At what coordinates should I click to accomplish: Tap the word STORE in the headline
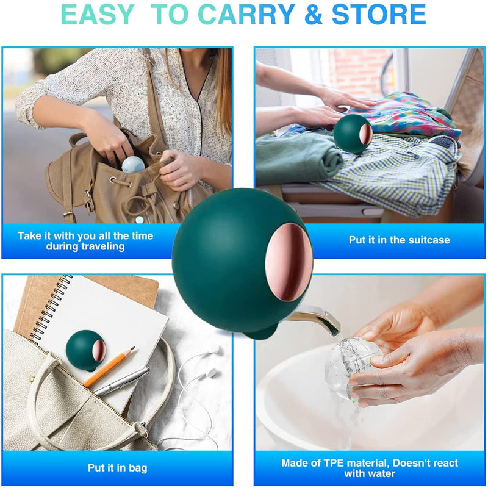pyautogui.click(x=379, y=15)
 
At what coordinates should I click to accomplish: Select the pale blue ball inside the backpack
pyautogui.click(x=133, y=165)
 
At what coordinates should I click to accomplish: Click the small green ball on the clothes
pyautogui.click(x=353, y=134)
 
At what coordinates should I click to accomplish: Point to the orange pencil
pyautogui.click(x=109, y=367)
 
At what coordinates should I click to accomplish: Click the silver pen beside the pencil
pyautogui.click(x=122, y=382)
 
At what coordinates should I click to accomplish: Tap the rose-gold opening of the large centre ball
pyautogui.click(x=289, y=262)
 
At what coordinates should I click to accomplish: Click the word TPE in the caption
pyautogui.click(x=336, y=463)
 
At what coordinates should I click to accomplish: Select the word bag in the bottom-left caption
pyautogui.click(x=138, y=468)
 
